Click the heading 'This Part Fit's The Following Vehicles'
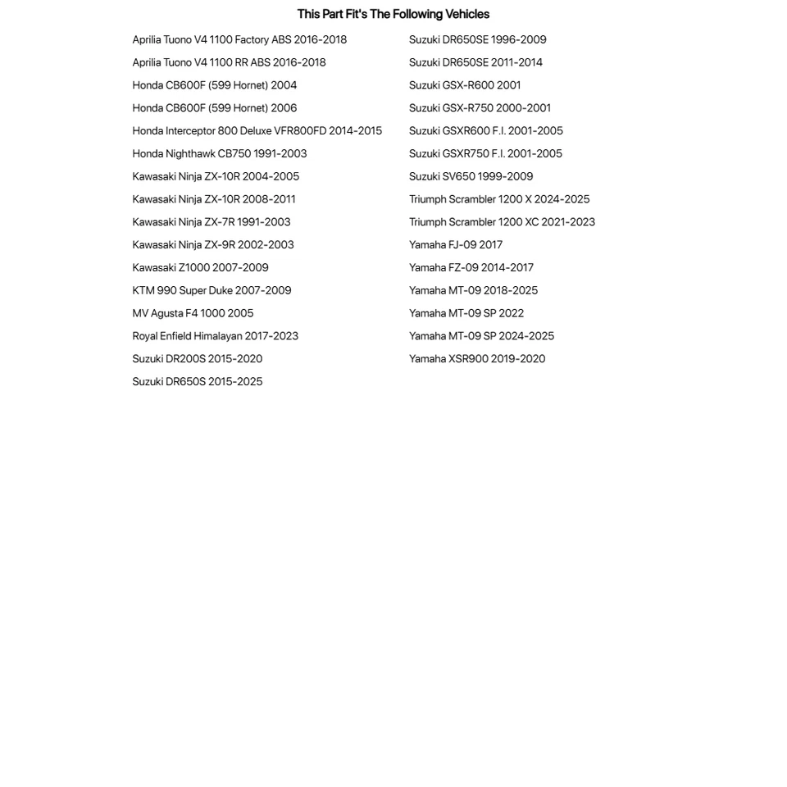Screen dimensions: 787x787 pyautogui.click(x=393, y=14)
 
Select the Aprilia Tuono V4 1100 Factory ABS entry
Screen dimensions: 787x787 pyautogui.click(x=239, y=39)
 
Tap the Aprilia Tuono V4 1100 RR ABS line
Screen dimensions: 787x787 pyautogui.click(x=229, y=62)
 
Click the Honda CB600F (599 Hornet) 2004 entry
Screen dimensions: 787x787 pyautogui.click(x=214, y=85)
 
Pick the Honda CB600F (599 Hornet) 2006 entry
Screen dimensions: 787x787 pyautogui.click(x=214, y=108)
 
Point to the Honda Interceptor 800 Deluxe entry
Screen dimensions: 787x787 pyautogui.click(x=257, y=131)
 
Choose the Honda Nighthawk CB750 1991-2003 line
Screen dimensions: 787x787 pyautogui.click(x=219, y=154)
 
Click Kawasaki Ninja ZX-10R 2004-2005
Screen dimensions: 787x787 pyautogui.click(x=216, y=176)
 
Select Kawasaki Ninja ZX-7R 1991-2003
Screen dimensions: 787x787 pyautogui.click(x=211, y=222)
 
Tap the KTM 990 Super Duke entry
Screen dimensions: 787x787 pyautogui.click(x=212, y=290)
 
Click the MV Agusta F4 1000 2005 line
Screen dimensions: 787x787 pyautogui.click(x=193, y=313)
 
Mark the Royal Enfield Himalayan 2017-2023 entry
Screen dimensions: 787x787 pyautogui.click(x=215, y=336)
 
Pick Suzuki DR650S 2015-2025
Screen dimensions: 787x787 pyautogui.click(x=197, y=381)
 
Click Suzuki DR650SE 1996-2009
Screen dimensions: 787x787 pyautogui.click(x=477, y=39)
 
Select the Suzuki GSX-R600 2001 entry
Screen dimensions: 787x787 pyautogui.click(x=465, y=85)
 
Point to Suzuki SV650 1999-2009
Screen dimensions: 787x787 pyautogui.click(x=471, y=176)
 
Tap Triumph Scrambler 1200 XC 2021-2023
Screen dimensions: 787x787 pyautogui.click(x=502, y=222)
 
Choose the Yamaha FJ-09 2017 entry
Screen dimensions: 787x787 pyautogui.click(x=456, y=245)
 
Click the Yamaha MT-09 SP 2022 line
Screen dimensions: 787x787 pyautogui.click(x=466, y=313)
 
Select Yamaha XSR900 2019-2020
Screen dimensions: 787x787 pyautogui.click(x=476, y=359)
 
